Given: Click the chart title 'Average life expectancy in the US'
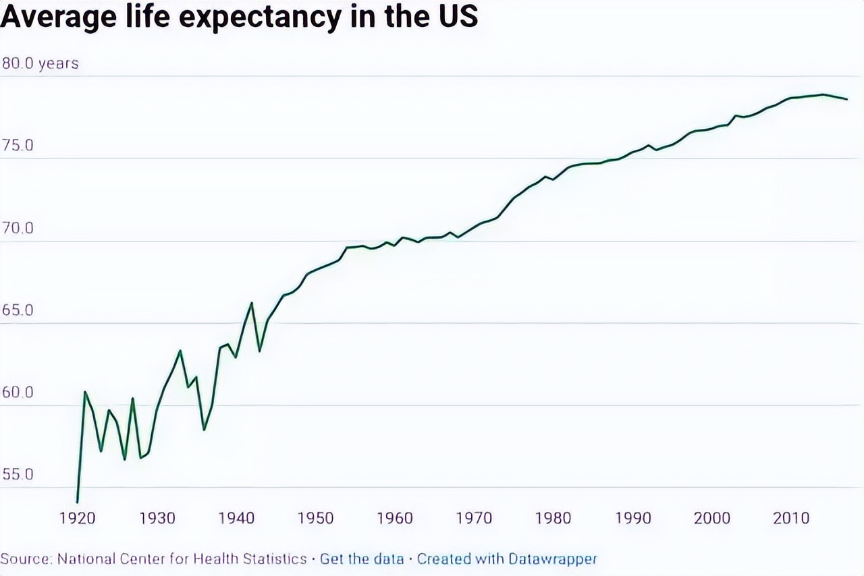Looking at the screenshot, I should (x=239, y=17).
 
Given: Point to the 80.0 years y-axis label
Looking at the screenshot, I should (x=40, y=63).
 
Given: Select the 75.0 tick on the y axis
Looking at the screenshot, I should (x=18, y=146).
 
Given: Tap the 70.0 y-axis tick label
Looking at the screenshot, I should (x=18, y=229).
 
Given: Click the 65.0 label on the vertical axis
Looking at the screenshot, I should (x=18, y=311).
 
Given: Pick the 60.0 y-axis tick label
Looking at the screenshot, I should (x=18, y=393).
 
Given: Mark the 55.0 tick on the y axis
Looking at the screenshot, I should (x=18, y=475).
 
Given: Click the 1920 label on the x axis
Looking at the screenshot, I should (x=78, y=518).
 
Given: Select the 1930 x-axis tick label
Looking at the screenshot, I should (x=157, y=518).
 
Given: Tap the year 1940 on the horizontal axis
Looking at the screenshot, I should (x=236, y=518).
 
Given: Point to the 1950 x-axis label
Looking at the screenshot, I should (x=316, y=518).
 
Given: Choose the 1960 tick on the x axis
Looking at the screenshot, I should (x=395, y=518).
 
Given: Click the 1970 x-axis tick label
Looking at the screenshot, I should (x=474, y=518).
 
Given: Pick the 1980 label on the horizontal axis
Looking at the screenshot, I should (x=553, y=518).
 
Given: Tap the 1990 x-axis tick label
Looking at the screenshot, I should (x=632, y=518).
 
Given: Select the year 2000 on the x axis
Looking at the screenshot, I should (x=712, y=518).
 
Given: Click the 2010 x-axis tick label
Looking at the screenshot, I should (x=791, y=518).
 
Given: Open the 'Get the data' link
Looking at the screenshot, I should (x=362, y=559).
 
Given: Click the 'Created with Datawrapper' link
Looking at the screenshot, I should (x=507, y=559).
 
